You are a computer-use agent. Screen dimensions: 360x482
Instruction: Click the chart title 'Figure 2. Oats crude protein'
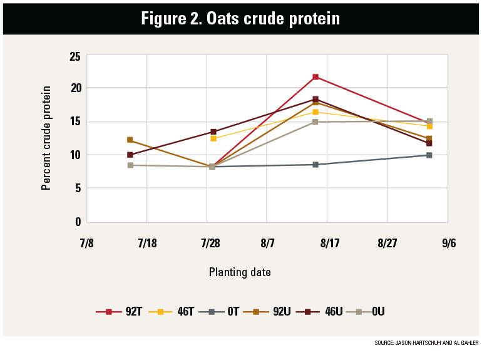coord(240,18)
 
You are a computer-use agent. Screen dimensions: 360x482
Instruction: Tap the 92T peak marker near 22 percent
coord(315,77)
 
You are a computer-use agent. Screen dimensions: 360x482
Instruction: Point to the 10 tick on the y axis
coord(74,155)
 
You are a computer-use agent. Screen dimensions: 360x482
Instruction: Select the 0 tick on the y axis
coord(78,222)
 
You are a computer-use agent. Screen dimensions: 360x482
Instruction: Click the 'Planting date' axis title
coord(240,272)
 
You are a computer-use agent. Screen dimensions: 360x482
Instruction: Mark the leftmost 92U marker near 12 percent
coord(130,140)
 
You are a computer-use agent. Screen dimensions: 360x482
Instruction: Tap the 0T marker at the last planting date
coord(429,155)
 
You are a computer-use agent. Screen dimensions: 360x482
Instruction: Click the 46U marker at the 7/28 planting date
coord(213,132)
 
